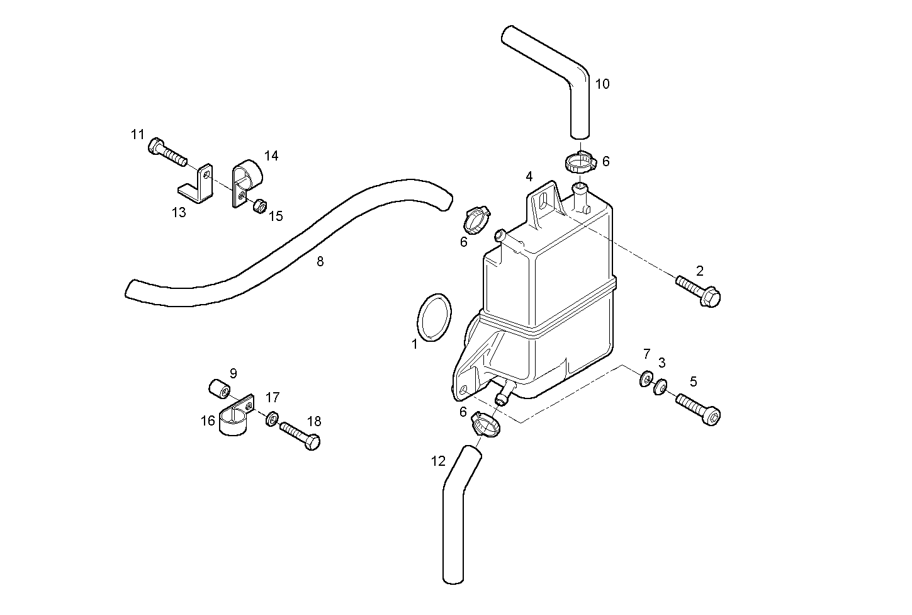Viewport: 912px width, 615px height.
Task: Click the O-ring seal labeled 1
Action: point(434,318)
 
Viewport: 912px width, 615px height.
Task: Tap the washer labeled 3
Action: point(660,386)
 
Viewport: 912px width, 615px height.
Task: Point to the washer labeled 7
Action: point(646,380)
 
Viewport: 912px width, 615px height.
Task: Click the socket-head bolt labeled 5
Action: point(698,408)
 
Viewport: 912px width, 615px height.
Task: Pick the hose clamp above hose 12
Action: point(485,425)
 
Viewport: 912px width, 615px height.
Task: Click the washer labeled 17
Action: point(273,419)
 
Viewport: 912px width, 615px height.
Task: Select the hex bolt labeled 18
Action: point(301,435)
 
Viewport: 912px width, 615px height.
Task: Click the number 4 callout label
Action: point(529,176)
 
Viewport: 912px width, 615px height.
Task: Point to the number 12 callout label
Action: point(438,461)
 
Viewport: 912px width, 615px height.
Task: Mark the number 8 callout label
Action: point(320,262)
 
